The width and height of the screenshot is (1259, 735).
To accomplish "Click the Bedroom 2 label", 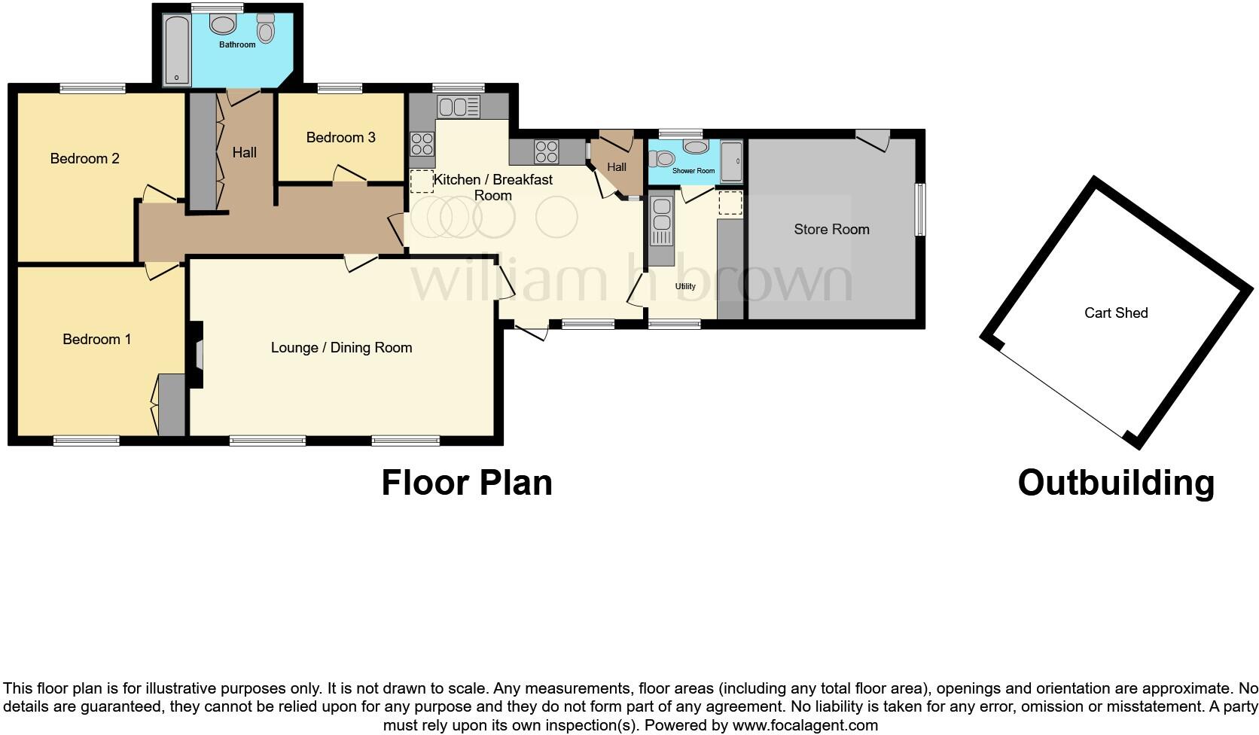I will [x=84, y=158].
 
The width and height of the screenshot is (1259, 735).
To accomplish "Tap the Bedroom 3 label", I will [x=340, y=137].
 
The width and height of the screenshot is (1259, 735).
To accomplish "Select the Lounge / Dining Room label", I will [x=341, y=347].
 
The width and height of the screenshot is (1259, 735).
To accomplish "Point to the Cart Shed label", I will [x=1115, y=313].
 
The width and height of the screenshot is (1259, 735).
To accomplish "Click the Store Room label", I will [x=831, y=229].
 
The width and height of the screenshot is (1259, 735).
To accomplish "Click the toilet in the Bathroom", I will [x=265, y=29].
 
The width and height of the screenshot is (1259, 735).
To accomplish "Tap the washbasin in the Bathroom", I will [x=223, y=26].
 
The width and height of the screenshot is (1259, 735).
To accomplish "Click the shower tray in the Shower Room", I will [x=731, y=161].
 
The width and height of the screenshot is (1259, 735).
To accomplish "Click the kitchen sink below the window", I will [x=458, y=107].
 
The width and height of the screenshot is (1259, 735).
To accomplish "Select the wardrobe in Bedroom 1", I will [x=171, y=404].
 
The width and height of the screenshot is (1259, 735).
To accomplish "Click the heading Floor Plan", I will [x=466, y=482].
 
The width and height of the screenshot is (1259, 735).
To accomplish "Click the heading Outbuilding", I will [x=1115, y=482].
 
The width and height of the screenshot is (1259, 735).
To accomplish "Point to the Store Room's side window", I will [x=920, y=210].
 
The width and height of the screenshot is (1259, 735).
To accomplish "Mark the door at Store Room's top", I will [x=873, y=139].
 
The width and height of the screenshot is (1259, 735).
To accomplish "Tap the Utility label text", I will [x=685, y=286].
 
